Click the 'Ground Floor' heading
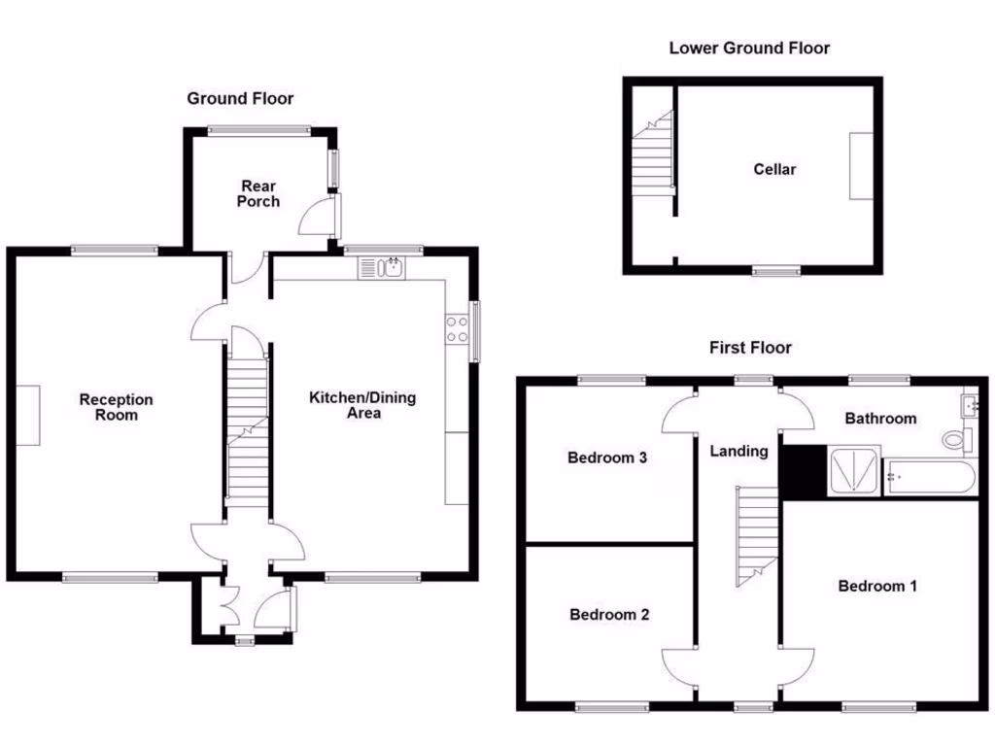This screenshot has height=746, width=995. [240, 98]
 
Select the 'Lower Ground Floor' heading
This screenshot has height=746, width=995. [749, 48]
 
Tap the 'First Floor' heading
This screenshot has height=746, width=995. [749, 347]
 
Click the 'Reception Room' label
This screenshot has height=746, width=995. [116, 407]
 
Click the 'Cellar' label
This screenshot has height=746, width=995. [774, 169]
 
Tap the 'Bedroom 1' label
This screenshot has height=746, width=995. [876, 586]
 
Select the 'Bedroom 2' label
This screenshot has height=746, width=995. [609, 614]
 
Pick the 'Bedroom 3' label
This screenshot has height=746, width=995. [607, 458]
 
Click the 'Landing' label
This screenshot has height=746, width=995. [738, 451]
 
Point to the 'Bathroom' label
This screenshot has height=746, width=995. [879, 419]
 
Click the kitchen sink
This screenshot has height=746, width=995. [383, 267]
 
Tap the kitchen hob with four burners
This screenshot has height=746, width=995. [457, 330]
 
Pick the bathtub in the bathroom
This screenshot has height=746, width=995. [930, 478]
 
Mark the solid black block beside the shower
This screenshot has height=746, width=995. [802, 473]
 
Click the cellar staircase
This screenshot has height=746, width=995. [652, 151]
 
